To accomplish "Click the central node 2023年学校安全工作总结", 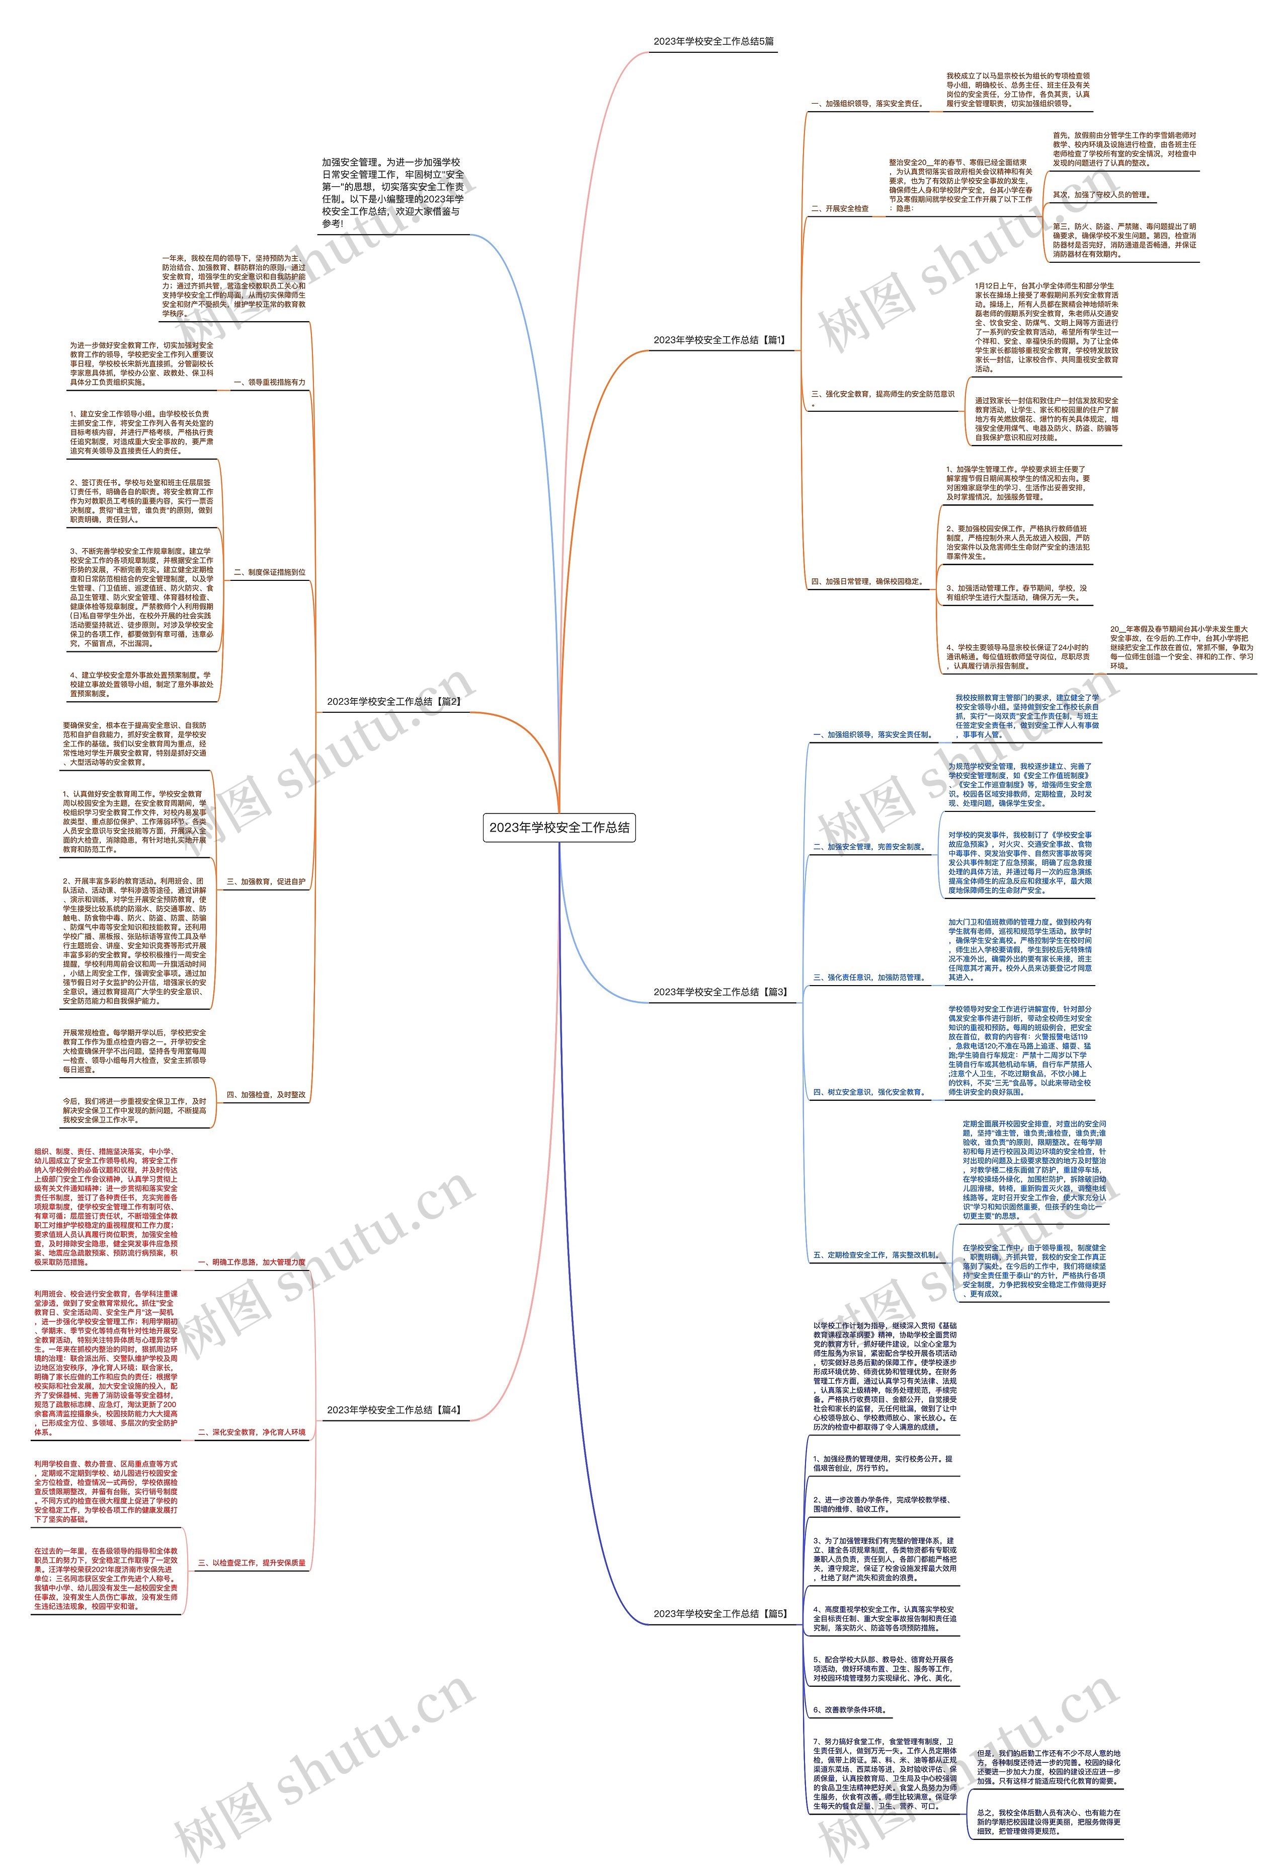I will coord(559,827).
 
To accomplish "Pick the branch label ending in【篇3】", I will coord(720,992).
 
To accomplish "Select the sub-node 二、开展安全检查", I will coord(840,208).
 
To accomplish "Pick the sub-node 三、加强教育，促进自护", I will coord(266,882).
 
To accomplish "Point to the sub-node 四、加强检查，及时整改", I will coord(266,1095).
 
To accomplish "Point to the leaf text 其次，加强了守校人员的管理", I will coord(1101,195).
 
